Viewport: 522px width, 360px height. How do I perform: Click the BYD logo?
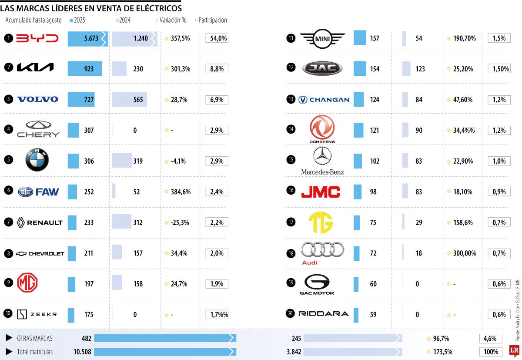[37, 38]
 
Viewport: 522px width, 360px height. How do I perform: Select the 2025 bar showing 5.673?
[87, 38]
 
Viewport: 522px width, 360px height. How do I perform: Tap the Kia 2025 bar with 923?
[85, 69]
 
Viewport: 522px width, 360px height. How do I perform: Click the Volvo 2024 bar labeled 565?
[129, 100]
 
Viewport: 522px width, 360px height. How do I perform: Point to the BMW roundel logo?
[37, 161]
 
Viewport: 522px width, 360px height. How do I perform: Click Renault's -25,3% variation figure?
[180, 222]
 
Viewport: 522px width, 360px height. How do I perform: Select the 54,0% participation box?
[217, 38]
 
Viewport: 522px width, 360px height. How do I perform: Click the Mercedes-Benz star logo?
[322, 156]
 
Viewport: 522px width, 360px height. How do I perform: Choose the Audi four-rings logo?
[322, 250]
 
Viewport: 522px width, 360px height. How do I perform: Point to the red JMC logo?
[321, 192]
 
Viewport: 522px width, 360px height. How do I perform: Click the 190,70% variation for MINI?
[464, 38]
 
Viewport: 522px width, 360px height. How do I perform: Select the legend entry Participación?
[212, 20]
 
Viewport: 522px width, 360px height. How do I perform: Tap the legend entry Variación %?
[173, 20]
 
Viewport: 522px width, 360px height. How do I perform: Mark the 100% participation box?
[490, 352]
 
